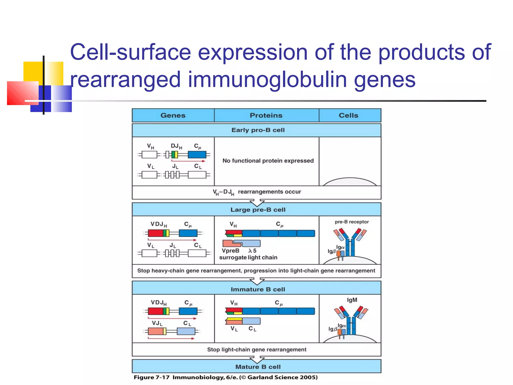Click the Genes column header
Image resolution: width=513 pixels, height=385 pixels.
(x=173, y=115)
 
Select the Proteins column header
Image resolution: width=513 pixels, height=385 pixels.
(x=266, y=115)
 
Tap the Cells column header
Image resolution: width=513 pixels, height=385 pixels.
(x=348, y=115)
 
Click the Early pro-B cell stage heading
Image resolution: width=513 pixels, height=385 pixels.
(x=258, y=130)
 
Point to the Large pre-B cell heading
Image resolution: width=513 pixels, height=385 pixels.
(x=258, y=210)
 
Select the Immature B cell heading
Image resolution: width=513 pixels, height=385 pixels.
(x=258, y=289)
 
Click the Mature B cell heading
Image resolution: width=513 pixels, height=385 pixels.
(x=258, y=367)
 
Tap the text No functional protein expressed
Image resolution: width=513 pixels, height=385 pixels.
(x=268, y=161)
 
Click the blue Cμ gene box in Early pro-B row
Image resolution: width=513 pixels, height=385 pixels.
(x=197, y=155)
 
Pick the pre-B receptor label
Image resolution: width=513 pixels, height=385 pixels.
(x=352, y=222)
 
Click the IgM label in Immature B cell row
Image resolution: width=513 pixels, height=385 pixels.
(x=352, y=300)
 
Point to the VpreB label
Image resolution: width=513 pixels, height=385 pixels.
(x=230, y=251)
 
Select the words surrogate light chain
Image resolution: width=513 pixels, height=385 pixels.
(x=248, y=257)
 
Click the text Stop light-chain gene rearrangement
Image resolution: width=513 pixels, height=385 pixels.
(x=256, y=349)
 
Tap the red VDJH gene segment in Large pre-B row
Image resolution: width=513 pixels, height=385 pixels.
(x=155, y=233)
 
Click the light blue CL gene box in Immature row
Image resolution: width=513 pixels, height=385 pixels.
(x=186, y=331)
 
